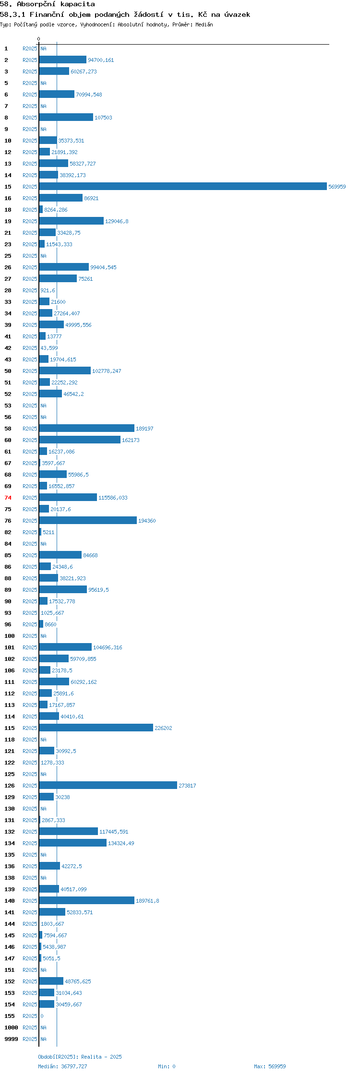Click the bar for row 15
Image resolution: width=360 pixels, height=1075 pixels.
point(183,186)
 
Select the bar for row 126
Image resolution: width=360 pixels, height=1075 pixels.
point(108,785)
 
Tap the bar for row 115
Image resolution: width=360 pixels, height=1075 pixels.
point(96,728)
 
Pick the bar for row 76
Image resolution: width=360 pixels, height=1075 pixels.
point(88,520)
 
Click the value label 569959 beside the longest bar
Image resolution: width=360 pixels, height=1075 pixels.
point(337,187)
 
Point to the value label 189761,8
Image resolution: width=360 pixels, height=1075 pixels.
point(147,901)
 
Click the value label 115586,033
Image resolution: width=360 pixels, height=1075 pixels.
point(113,498)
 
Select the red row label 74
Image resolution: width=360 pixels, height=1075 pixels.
point(8,498)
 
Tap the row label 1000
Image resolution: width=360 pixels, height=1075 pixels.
point(11,1027)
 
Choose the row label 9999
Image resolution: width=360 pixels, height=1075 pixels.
point(11,1039)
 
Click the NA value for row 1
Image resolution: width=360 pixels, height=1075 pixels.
point(43,48)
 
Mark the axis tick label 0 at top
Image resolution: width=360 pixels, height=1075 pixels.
point(39,39)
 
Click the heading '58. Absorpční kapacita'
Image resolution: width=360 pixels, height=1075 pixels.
point(48,4)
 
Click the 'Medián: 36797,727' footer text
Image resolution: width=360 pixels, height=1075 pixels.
point(63,1066)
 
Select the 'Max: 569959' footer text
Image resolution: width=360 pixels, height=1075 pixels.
point(270,1066)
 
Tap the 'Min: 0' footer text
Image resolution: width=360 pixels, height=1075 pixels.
point(167,1066)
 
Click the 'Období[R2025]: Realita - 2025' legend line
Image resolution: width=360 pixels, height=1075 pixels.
point(80,1057)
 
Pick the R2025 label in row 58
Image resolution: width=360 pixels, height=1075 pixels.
point(30,429)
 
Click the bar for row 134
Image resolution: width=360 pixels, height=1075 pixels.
point(73,843)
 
